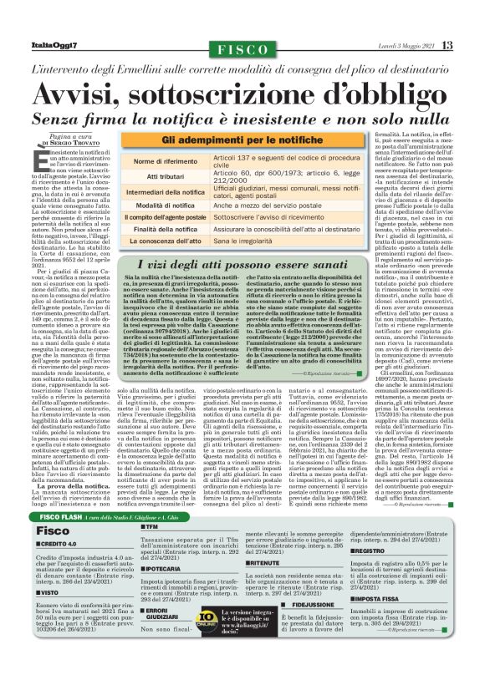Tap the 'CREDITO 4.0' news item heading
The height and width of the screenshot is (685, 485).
tap(58, 520)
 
